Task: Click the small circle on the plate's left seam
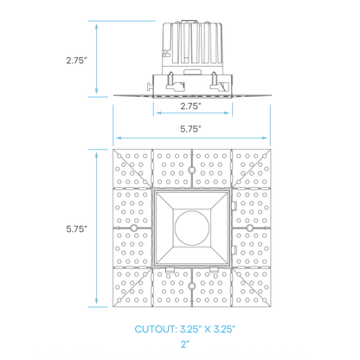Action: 132,228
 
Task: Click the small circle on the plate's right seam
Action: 248,228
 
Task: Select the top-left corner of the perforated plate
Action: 116,151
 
